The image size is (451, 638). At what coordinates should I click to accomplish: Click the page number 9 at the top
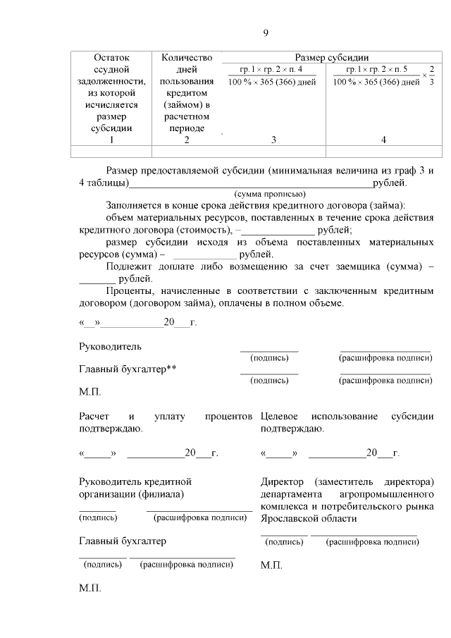click(266, 33)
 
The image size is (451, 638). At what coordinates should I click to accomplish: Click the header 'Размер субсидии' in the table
click(332, 58)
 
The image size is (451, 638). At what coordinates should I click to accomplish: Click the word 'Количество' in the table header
click(186, 58)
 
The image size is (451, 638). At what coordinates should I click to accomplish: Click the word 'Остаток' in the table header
click(111, 58)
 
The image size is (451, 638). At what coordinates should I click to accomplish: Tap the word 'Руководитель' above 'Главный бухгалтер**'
click(110, 346)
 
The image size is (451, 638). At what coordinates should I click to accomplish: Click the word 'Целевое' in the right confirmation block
click(280, 417)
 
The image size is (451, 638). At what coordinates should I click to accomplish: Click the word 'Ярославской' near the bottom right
click(292, 518)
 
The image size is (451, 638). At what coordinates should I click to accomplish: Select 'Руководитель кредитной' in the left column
click(135, 481)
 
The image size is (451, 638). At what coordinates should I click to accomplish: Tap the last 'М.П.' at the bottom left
click(90, 588)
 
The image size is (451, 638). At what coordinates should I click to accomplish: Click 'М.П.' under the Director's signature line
click(272, 565)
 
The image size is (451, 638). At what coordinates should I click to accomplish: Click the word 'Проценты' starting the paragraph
click(128, 291)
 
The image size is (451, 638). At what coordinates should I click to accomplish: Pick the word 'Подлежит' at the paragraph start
click(128, 266)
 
